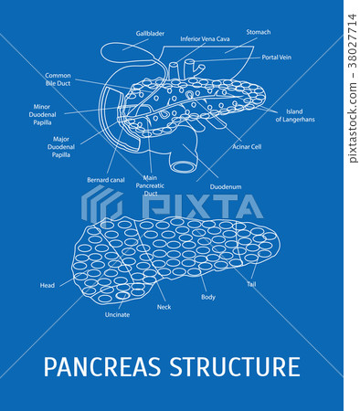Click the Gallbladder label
pos(150,33)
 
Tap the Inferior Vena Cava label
pos(204,39)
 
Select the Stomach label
pos(259,32)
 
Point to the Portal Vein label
pos(275,57)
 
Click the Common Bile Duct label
pos(58,79)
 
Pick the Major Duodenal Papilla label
pos(61,145)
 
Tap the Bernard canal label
pos(106,180)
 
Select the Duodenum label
pos(226,186)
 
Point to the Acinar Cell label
pos(247,145)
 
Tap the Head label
pos(48,285)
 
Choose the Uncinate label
pos(117,314)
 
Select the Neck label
pos(164,307)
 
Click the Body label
pos(208,298)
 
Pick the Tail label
pos(251,284)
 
